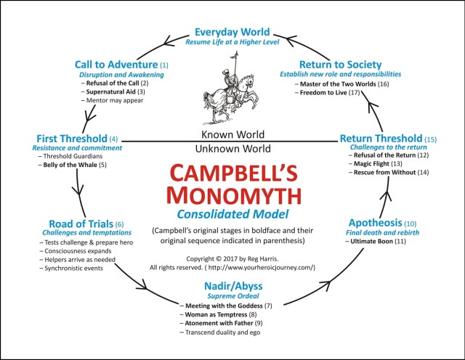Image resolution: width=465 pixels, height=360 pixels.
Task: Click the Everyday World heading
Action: [232, 32]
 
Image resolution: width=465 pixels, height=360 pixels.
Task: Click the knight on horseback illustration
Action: [232, 94]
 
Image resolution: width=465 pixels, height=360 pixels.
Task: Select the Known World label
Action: [232, 135]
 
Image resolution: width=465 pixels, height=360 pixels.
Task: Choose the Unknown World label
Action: [232, 149]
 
